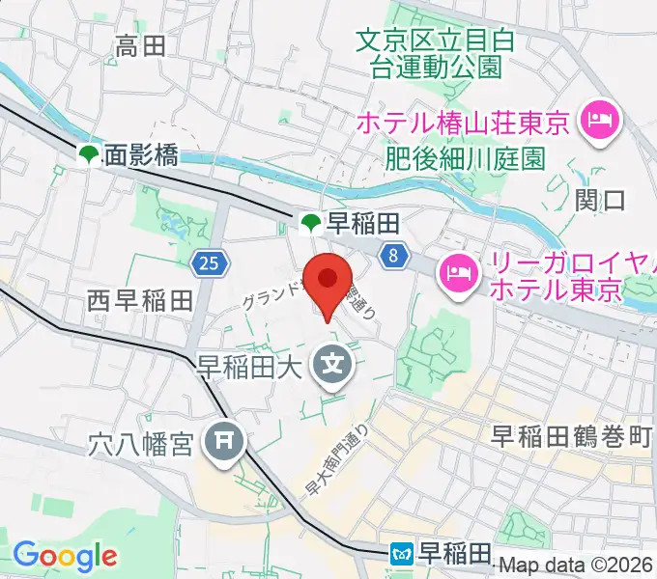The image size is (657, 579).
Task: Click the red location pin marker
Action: pyautogui.click(x=328, y=283)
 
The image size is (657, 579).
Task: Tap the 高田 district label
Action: pyautogui.click(x=141, y=44)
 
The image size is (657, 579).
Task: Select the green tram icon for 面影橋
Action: pyautogui.click(x=89, y=153)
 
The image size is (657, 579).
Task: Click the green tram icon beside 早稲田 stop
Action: pyautogui.click(x=311, y=225)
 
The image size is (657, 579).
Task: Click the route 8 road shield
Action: pyautogui.click(x=391, y=256)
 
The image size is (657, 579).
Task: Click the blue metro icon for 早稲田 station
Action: pyautogui.click(x=402, y=554)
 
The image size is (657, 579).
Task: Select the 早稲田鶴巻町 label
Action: pyautogui.click(x=571, y=436)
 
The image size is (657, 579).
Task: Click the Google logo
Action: pyautogui.click(x=65, y=556)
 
